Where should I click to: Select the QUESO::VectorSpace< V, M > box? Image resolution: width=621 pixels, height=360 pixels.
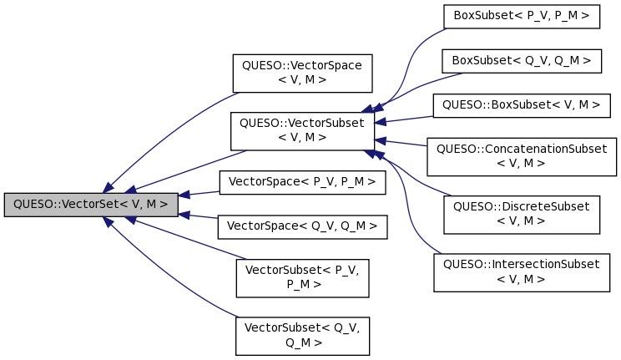coord(301,73)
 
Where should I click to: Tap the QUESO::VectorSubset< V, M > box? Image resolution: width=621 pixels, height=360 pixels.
coord(301,129)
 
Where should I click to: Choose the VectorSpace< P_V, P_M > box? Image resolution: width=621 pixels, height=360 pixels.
coord(301,181)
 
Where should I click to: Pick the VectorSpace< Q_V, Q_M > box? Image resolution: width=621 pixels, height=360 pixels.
coord(301,226)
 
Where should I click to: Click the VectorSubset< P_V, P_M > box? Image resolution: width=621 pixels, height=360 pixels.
coord(301,277)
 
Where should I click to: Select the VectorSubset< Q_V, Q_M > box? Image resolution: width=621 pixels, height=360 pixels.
coord(301,335)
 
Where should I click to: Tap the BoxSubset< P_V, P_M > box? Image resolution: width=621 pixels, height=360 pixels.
coord(522,16)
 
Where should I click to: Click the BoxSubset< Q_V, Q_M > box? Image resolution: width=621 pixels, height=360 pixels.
coord(522,61)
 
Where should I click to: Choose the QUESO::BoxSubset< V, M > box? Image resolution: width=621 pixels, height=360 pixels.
coord(522,105)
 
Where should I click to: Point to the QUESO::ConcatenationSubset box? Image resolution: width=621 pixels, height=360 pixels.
coord(522,156)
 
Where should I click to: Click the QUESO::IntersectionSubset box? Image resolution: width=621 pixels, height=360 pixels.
coord(522,271)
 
